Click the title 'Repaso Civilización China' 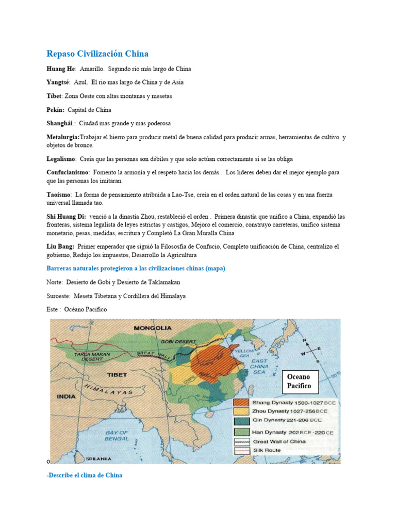coord(97,54)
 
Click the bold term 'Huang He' coord(61,69)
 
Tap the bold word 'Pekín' coord(55,110)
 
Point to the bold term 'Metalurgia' coord(63,138)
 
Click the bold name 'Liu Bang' coord(60,247)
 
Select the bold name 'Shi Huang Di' coord(66,216)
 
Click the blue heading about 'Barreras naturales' coord(136,269)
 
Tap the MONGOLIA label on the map coord(152,327)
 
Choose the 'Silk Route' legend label coord(267,450)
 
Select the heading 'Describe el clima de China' coord(84,475)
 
